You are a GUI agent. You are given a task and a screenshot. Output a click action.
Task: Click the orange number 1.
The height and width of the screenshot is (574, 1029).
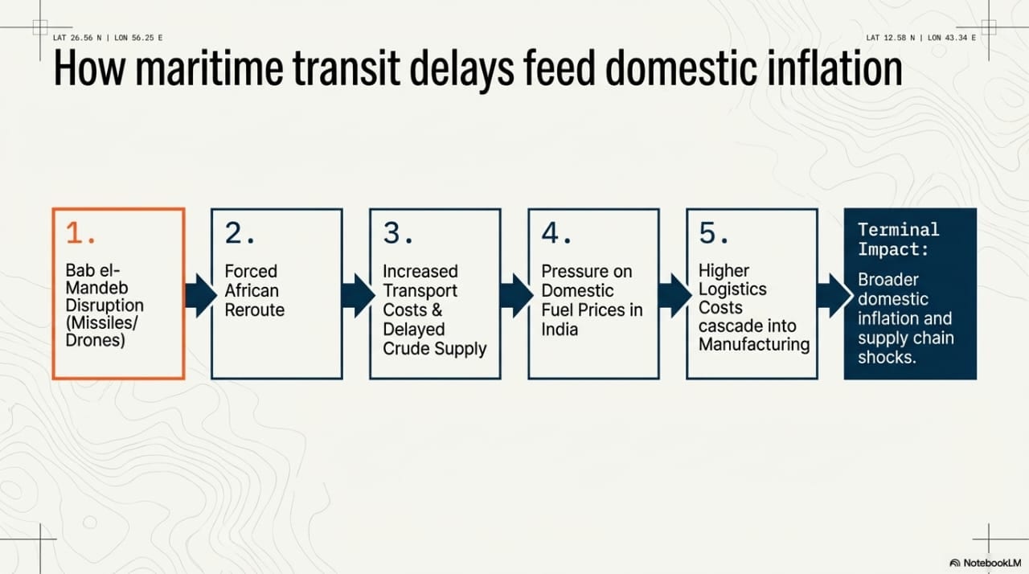(81, 233)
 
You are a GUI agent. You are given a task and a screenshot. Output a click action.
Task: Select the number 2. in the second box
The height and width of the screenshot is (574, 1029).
(240, 233)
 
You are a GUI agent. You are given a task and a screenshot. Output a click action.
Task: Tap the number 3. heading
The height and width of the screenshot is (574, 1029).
(398, 233)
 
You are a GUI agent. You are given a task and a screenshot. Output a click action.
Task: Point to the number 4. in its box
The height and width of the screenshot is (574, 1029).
(557, 233)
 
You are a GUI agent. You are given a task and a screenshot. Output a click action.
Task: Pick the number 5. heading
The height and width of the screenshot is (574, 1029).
(715, 233)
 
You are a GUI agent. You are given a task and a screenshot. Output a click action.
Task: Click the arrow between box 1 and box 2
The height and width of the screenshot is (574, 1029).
(201, 295)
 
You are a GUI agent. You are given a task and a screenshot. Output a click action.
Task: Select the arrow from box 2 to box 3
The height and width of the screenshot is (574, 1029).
(359, 295)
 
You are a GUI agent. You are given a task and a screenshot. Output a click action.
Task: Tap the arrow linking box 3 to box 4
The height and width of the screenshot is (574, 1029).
(517, 295)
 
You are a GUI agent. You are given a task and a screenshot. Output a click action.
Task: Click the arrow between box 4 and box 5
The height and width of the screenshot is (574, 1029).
(674, 295)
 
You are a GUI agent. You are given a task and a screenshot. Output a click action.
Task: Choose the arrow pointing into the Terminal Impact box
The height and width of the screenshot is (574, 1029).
(834, 295)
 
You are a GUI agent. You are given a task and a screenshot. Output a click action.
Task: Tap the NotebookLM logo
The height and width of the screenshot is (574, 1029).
(986, 563)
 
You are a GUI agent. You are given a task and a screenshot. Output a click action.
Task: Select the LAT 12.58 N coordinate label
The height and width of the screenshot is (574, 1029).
(890, 38)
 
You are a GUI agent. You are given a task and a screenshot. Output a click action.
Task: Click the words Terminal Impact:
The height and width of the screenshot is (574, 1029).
(899, 240)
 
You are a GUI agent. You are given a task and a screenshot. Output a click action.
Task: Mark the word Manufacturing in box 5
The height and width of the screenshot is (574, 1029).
(754, 344)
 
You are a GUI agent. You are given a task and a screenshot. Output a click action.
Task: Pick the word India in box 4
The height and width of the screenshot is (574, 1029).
(560, 330)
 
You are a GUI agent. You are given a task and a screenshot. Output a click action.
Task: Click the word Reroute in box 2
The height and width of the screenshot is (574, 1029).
(255, 310)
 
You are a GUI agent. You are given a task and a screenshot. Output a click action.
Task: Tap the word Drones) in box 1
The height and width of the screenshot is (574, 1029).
(95, 340)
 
